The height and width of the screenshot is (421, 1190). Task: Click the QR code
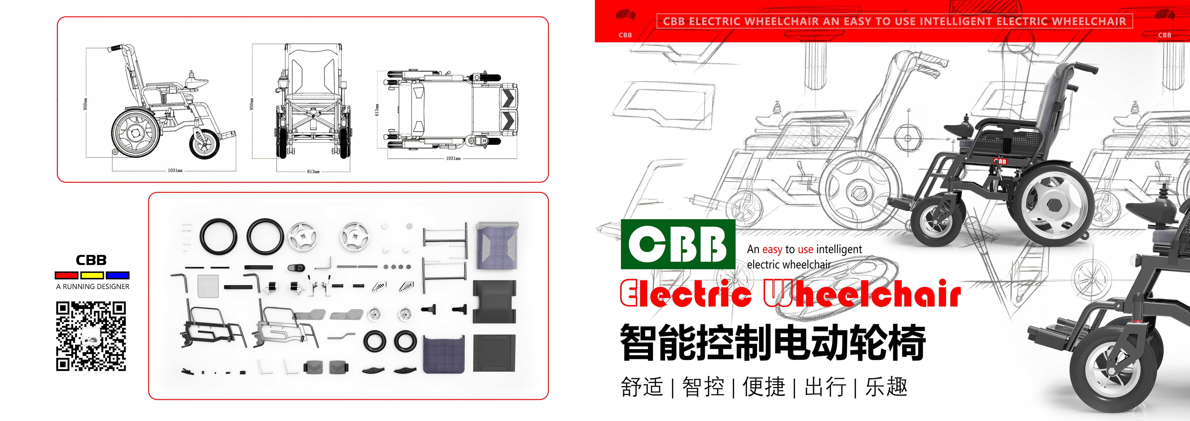point(91,336)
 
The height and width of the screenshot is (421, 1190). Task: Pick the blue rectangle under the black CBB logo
point(117,275)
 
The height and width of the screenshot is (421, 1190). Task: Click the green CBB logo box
point(678,244)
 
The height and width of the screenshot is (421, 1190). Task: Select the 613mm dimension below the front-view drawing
point(313,171)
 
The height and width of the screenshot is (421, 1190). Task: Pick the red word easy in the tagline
point(772,250)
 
